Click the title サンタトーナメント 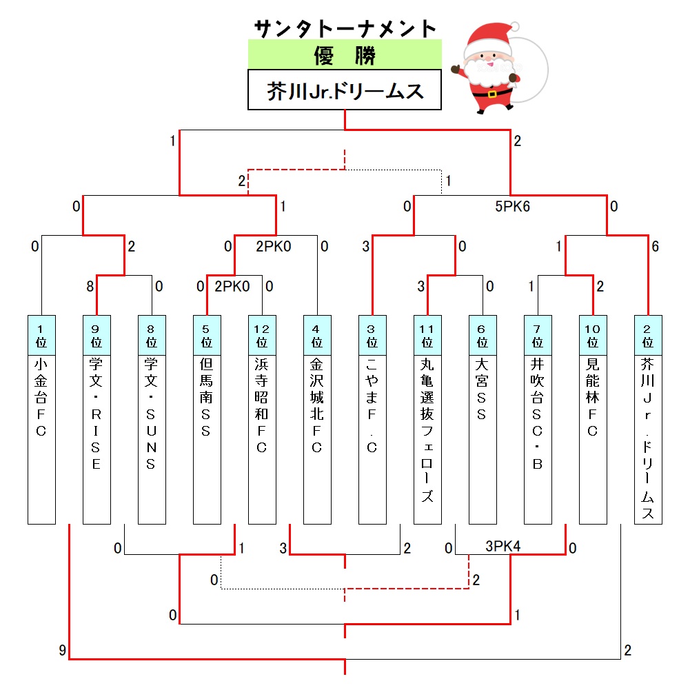345,28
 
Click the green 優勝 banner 345,54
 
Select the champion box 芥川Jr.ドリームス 345,90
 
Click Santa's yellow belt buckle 492,94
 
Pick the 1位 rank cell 41,335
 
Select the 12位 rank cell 262,335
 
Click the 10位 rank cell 593,335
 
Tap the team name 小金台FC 41,397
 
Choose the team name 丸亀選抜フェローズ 427,430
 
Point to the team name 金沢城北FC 317,405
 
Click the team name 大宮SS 483,389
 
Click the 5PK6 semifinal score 512,206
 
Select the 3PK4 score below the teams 503,546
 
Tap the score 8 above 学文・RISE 90,287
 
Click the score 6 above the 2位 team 656,247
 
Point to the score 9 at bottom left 63,650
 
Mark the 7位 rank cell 538,335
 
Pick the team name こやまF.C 372,405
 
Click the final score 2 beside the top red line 518,141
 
